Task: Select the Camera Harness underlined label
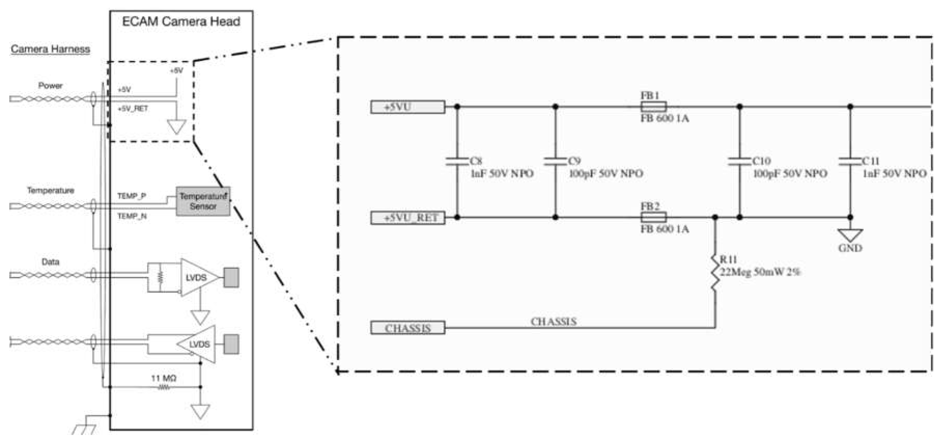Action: pyautogui.click(x=50, y=49)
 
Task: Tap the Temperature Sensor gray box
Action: pyautogui.click(x=203, y=201)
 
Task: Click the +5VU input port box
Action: pyautogui.click(x=408, y=107)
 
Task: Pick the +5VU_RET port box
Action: pyautogui.click(x=408, y=218)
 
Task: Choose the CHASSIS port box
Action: pyautogui.click(x=408, y=328)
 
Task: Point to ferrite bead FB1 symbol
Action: pyautogui.click(x=653, y=107)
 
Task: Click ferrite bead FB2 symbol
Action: pyautogui.click(x=653, y=217)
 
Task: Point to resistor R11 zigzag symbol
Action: pyautogui.click(x=715, y=272)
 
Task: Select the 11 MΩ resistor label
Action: pyautogui.click(x=164, y=378)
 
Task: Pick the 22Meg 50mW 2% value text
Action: pyautogui.click(x=760, y=272)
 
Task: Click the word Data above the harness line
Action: pyautogui.click(x=50, y=262)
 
